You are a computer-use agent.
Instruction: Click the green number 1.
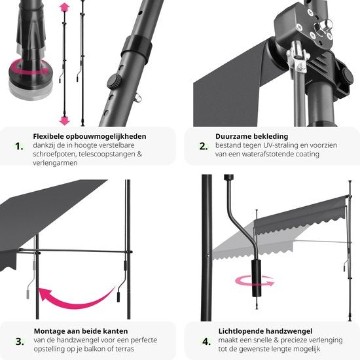[x=18, y=145]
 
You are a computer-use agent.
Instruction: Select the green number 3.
[x=18, y=340]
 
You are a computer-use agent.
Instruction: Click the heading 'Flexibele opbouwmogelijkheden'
[x=90, y=136]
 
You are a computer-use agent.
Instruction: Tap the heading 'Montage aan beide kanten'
[x=80, y=331]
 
